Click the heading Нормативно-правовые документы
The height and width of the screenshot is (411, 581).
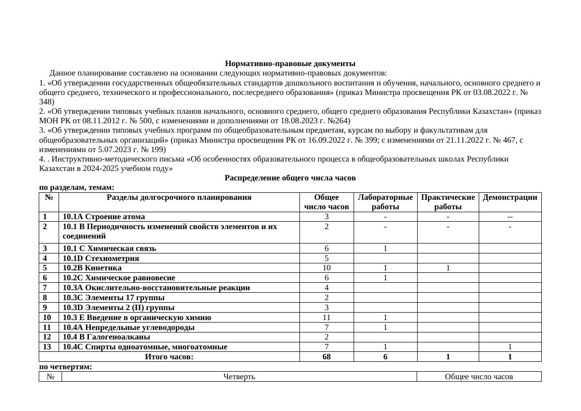coord(290,64)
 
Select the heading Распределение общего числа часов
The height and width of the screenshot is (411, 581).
coord(290,178)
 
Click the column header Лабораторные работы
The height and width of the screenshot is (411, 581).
coord(385,202)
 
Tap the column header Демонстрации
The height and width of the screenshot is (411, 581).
coord(509,197)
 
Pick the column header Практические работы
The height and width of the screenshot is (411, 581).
coord(447,202)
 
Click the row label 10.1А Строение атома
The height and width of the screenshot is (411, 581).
coord(104,217)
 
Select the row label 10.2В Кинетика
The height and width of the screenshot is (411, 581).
coord(92,268)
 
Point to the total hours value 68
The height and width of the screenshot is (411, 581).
coord(326,357)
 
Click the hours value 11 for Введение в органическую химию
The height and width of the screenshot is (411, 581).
coord(326,318)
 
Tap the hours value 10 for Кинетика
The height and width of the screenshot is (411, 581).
coord(326,268)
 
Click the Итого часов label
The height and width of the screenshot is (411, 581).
coord(169,357)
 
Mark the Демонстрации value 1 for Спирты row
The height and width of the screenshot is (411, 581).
coord(509,347)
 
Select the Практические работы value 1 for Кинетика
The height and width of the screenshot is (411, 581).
coord(447,268)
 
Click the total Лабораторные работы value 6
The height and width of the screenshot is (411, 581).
coord(385,357)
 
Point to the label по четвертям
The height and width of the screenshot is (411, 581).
coord(66,367)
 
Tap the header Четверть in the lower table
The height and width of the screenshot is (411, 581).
coord(239,377)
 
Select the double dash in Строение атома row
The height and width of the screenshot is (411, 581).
coord(509,217)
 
